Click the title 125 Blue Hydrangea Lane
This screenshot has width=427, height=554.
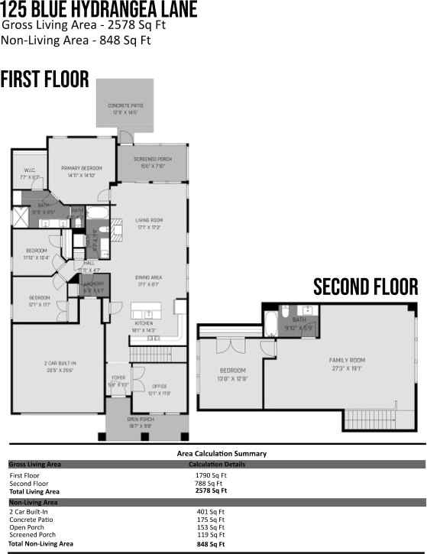click(x=99, y=10)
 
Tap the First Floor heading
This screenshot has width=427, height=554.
click(x=45, y=80)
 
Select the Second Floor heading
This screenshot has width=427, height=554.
click(x=366, y=287)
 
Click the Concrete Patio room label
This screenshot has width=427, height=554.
click(x=125, y=108)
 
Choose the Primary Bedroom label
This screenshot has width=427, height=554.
click(x=81, y=170)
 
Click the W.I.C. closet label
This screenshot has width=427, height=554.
click(x=29, y=173)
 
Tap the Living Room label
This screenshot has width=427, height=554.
click(x=149, y=222)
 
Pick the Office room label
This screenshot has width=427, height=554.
click(x=159, y=390)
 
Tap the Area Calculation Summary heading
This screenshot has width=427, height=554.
click(x=216, y=453)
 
